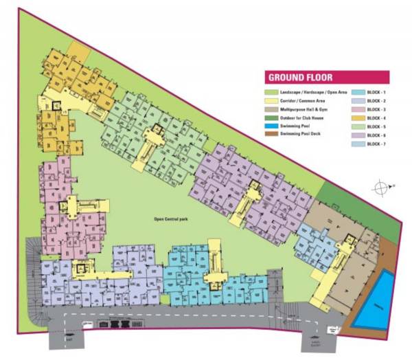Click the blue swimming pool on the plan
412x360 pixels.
[375, 300]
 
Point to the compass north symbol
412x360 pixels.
[380, 186]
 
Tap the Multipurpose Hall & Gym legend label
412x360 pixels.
[306, 109]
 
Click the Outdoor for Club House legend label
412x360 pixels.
[303, 118]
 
